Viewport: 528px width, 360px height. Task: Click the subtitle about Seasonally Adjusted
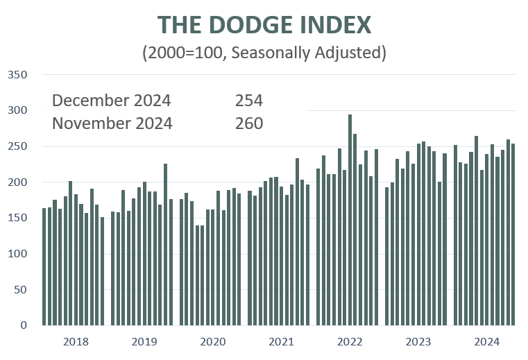[264, 53]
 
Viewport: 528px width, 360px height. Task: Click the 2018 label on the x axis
[75, 341]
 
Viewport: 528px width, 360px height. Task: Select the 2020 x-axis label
[212, 341]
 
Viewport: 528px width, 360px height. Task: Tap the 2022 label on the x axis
[350, 341]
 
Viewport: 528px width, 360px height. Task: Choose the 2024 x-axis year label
[487, 341]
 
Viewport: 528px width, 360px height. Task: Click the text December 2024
[111, 101]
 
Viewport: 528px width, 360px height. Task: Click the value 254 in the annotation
[249, 101]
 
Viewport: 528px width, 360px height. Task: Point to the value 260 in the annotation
[249, 123]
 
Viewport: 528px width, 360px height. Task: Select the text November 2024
[112, 123]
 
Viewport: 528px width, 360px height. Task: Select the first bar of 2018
[44, 266]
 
